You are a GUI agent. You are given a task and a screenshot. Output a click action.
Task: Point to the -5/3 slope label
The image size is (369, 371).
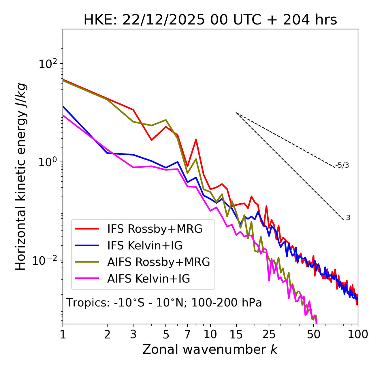coord(342,165)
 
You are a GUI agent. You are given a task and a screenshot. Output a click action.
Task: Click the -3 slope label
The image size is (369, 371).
coord(347,218)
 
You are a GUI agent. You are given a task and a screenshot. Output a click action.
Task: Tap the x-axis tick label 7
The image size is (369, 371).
coord(187,334)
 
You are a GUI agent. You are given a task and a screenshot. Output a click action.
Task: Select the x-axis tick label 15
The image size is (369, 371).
coord(236,334)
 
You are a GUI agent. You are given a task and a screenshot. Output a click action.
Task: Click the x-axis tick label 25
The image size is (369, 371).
coord(269,334)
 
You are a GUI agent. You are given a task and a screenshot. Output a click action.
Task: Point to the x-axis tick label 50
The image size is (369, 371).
coord(314,334)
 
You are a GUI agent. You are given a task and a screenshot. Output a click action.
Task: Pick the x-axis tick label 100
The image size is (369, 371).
coord(358,334)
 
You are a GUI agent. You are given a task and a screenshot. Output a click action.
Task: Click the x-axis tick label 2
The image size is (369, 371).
coord(107,334)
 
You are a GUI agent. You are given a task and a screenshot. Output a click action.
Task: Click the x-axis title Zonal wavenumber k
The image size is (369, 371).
coord(210,350)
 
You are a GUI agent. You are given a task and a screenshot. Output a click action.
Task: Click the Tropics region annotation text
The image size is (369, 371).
coord(164,303)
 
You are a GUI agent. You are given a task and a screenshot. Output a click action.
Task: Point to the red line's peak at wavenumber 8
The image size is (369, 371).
coord(196,140)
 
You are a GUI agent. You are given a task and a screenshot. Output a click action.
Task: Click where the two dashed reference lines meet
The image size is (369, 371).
coord(236,113)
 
